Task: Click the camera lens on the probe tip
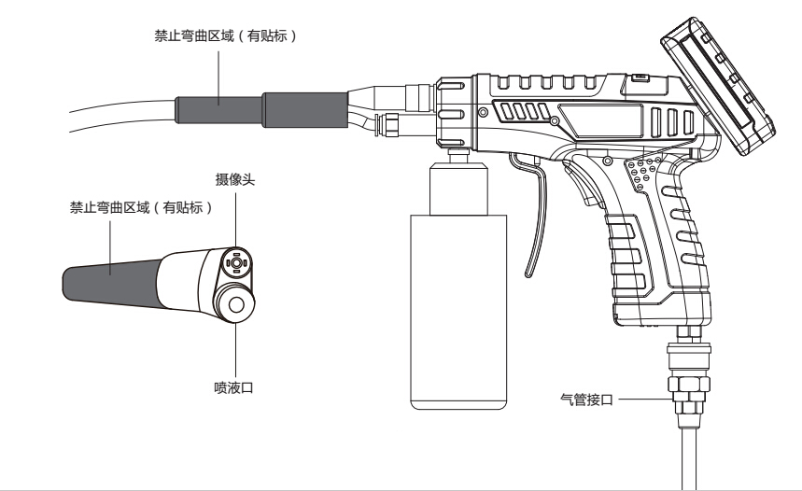[x=234, y=264]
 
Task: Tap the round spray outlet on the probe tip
[x=232, y=303]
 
